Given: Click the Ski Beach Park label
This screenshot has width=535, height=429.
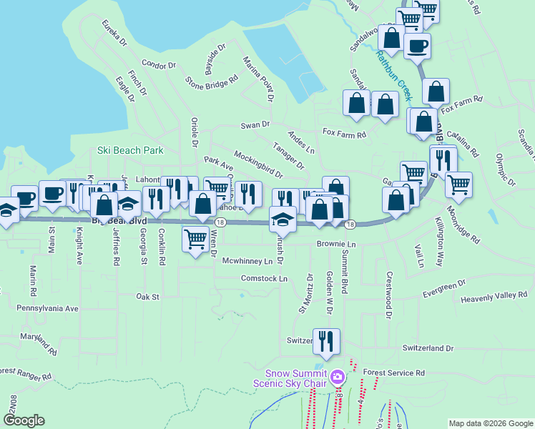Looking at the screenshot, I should pyautogui.click(x=130, y=151).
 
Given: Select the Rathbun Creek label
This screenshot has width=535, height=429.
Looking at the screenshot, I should pyautogui.click(x=394, y=75).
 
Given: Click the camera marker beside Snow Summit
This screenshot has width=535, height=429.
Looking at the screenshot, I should pyautogui.click(x=338, y=377).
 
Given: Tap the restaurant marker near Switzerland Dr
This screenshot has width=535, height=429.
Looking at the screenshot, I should pyautogui.click(x=326, y=342).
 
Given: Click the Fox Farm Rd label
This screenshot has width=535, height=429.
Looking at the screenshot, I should pyautogui.click(x=344, y=133).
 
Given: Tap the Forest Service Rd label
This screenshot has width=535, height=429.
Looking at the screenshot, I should pyautogui.click(x=393, y=373).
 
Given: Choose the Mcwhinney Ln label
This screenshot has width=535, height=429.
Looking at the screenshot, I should pyautogui.click(x=247, y=262).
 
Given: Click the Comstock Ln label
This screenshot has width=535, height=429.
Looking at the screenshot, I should pyautogui.click(x=264, y=278).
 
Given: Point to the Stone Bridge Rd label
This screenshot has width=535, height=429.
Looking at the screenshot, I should pyautogui.click(x=211, y=82).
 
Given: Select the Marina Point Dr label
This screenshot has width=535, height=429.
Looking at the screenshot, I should pyautogui.click(x=259, y=77).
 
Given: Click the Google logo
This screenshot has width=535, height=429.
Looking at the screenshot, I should pyautogui.click(x=24, y=420).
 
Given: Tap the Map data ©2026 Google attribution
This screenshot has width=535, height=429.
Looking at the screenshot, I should pyautogui.click(x=491, y=423).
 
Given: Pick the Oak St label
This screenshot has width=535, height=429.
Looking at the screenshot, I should pyautogui.click(x=147, y=295).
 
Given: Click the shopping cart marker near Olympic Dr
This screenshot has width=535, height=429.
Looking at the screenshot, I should pyautogui.click(x=458, y=184).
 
